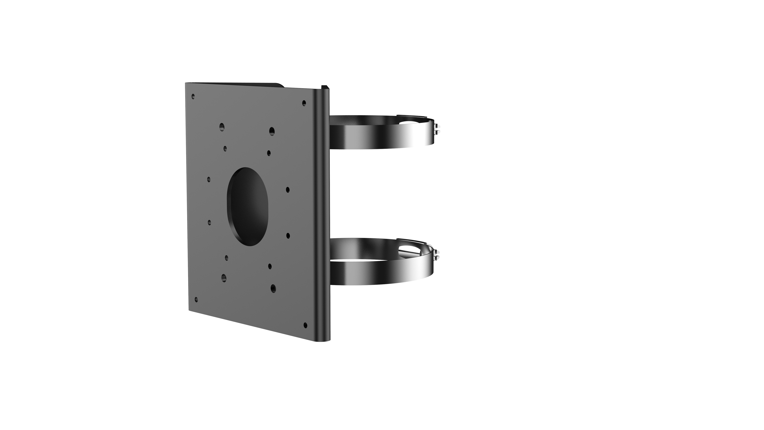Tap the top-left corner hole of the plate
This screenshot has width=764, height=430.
tap(193, 96)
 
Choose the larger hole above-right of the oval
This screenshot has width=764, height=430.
tap(272, 131)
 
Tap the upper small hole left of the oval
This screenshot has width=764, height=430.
tap(209, 179)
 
